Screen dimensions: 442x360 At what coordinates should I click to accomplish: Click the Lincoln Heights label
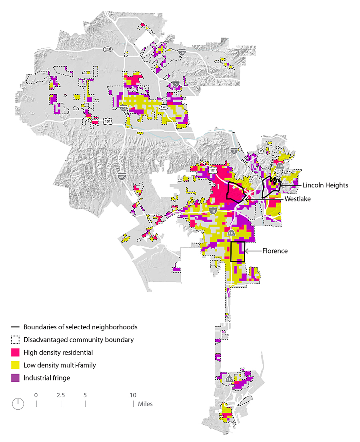click(325, 185)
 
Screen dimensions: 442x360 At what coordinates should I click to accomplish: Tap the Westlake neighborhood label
click(297, 199)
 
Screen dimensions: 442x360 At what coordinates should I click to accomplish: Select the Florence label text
click(275, 251)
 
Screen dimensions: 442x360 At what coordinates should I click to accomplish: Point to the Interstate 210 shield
click(182, 52)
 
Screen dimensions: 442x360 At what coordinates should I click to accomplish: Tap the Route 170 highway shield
click(163, 107)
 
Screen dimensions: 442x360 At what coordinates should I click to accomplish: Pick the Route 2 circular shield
click(261, 151)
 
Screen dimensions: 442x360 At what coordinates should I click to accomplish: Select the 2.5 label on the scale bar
click(61, 395)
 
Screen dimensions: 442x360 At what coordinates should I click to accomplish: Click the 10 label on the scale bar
click(133, 395)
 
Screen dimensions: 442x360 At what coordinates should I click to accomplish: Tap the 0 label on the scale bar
click(36, 395)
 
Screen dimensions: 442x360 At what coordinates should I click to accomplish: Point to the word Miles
click(145, 404)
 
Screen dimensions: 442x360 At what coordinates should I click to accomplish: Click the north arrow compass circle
click(18, 404)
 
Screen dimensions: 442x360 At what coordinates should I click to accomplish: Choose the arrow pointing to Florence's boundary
click(252, 251)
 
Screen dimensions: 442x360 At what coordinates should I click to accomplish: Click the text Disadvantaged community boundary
click(78, 340)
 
